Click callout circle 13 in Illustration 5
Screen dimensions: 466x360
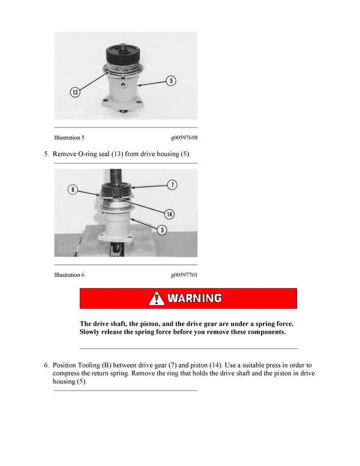[x=75, y=92]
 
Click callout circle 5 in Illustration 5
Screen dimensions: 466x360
[x=172, y=80]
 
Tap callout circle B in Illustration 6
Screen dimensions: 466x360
[x=73, y=190]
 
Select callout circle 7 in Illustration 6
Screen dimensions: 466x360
[x=172, y=184]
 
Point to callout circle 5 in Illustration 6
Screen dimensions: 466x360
[x=163, y=229]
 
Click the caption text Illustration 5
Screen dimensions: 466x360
[x=70, y=138]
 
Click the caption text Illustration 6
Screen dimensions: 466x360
[x=70, y=274]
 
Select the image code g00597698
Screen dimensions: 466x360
[x=184, y=138]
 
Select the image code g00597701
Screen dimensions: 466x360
[x=184, y=274]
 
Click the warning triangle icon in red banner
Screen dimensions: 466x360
[x=157, y=298]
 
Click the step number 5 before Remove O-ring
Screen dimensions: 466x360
[x=46, y=154]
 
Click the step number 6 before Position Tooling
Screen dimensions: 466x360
[x=46, y=365]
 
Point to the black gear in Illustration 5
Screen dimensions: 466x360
[x=123, y=56]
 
